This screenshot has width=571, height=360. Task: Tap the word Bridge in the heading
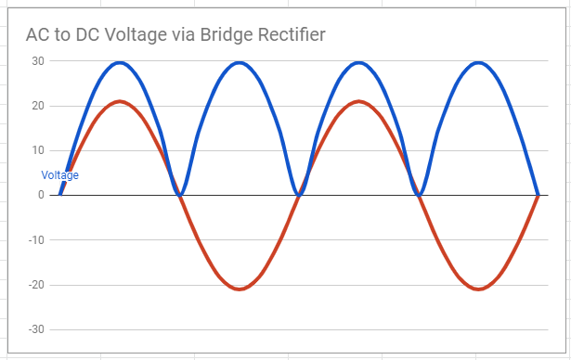pyautogui.click(x=227, y=35)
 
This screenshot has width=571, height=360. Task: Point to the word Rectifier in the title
pyautogui.click(x=294, y=35)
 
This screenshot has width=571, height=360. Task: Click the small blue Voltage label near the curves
pyautogui.click(x=60, y=175)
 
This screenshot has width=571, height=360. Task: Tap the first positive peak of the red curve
pyautogui.click(x=120, y=101)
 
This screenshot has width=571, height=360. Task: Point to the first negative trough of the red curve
pyautogui.click(x=240, y=289)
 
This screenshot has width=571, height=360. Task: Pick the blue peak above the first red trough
pyautogui.click(x=240, y=63)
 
